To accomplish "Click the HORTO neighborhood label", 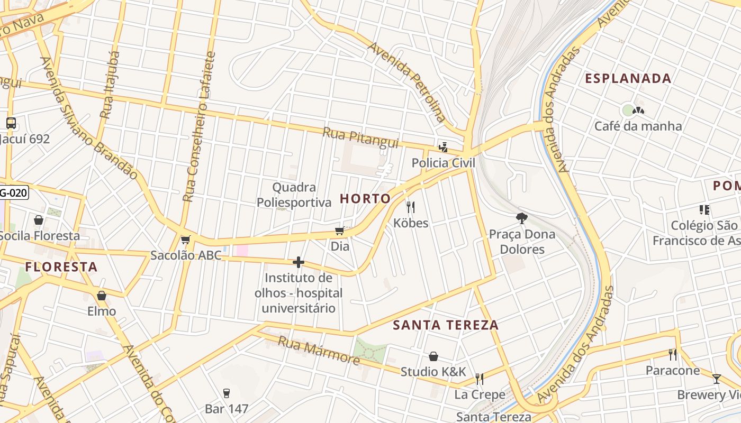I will click(365, 199).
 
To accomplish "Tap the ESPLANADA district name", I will click(628, 79).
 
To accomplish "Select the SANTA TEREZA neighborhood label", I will click(446, 325).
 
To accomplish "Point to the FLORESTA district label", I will click(61, 267).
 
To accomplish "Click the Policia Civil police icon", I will click(443, 148).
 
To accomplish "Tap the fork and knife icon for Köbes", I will click(410, 207).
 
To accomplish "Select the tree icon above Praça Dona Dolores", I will click(522, 218).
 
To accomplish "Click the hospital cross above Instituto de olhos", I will click(299, 262).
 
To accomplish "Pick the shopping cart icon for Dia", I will click(340, 231).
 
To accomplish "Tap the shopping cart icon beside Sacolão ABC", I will click(185, 240).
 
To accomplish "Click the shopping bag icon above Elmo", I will click(102, 296).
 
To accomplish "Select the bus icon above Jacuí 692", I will click(11, 123).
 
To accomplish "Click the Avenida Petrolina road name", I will click(408, 82).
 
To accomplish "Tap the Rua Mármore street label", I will click(319, 351).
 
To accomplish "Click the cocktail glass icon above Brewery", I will click(717, 379).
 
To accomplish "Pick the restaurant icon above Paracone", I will click(673, 354).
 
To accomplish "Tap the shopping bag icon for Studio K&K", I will click(433, 356).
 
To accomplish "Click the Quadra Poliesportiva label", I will click(294, 195).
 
